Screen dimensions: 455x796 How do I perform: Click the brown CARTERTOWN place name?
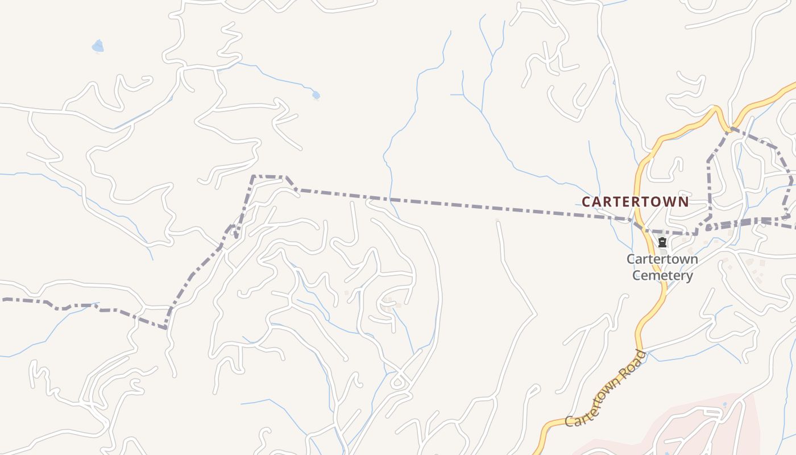(x=635, y=201)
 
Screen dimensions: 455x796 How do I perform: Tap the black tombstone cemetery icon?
(x=662, y=243)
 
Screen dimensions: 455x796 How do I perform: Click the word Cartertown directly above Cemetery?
(x=662, y=259)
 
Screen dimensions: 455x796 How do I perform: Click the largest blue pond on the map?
(x=98, y=46)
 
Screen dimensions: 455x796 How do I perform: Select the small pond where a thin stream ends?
(x=316, y=95)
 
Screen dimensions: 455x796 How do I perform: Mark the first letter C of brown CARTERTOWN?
(x=586, y=202)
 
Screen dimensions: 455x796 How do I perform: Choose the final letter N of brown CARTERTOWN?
(x=684, y=201)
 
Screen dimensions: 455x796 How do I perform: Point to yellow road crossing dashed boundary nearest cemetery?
(x=640, y=224)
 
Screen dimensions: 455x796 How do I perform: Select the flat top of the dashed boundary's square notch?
(x=268, y=176)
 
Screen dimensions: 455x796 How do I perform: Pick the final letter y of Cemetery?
(x=689, y=277)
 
